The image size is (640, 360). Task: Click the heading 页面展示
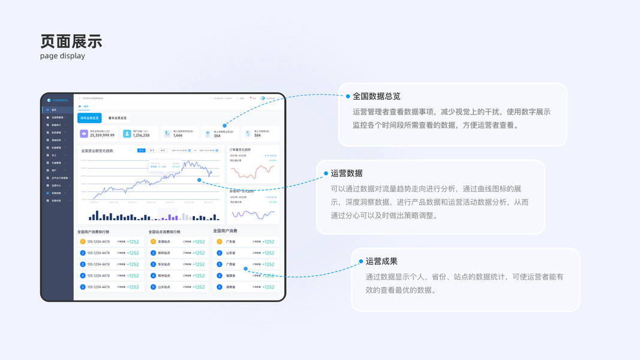[x=71, y=41]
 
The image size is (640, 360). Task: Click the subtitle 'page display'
[x=62, y=56]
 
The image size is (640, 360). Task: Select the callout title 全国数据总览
[x=376, y=96]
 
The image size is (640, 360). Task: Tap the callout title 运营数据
[x=346, y=173]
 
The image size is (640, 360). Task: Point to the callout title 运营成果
[x=381, y=261]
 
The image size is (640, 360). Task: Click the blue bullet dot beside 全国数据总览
[x=348, y=96]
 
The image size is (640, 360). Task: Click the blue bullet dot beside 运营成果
[x=361, y=262]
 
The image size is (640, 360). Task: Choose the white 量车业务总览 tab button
[x=117, y=118]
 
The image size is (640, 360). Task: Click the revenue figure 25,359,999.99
[x=102, y=136]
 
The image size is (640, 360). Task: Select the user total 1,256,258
[x=142, y=136]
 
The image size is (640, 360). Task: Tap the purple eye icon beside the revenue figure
[x=84, y=133]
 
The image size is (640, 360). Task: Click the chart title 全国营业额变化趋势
[x=97, y=151]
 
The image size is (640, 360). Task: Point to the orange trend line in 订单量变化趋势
[x=253, y=173]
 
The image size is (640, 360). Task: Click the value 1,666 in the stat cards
[x=178, y=136]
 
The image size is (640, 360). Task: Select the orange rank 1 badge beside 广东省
[x=220, y=242]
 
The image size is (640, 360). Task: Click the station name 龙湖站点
[x=164, y=242]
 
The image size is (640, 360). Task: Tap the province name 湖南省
[x=230, y=287]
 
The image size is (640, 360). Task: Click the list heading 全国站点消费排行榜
[x=164, y=231]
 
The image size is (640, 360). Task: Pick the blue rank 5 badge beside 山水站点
[x=153, y=287]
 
